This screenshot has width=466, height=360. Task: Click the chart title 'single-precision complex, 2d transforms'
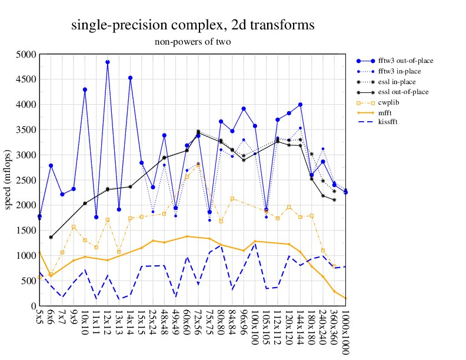click(192, 25)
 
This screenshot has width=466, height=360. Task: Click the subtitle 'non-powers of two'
click(192, 42)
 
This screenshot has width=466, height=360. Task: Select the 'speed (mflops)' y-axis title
click(9, 180)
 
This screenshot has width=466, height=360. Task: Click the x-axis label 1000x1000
click(345, 332)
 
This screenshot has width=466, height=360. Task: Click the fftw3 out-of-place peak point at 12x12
click(108, 62)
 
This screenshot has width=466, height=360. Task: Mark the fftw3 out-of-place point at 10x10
click(85, 89)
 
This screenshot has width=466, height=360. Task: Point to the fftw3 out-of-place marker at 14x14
click(130, 78)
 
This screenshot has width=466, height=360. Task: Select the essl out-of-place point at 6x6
click(51, 237)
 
